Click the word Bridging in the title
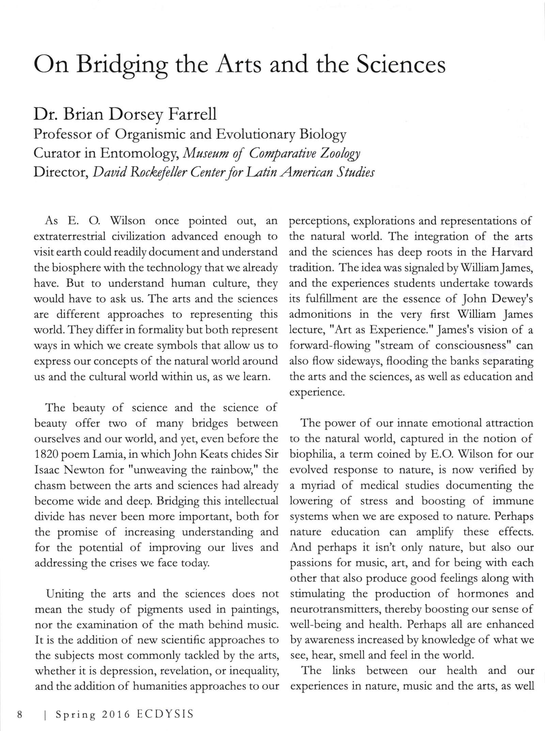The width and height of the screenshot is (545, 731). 122,65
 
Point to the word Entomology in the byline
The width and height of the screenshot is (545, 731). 138,153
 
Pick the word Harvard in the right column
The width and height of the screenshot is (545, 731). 512,252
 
